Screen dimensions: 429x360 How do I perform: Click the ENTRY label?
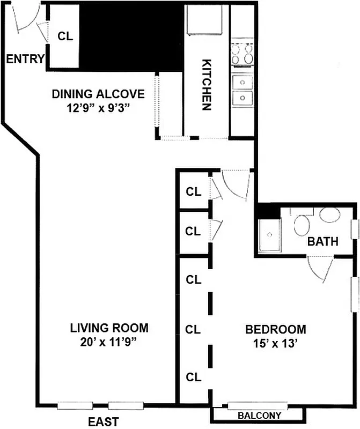point(25,59)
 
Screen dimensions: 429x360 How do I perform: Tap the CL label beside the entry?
point(65,36)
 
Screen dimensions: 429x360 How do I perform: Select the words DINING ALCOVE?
point(98,94)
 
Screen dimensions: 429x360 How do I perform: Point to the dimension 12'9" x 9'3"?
point(98,107)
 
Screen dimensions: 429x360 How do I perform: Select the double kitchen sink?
point(243,90)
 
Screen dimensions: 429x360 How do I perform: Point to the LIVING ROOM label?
point(109,328)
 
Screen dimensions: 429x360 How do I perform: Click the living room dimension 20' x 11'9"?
point(109,341)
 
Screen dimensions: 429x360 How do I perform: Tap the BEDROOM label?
point(276,329)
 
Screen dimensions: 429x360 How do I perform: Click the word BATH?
point(322,242)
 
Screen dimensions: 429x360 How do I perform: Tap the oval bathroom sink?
point(329,216)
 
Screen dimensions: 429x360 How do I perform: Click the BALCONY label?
point(260,416)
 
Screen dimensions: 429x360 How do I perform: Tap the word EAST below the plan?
point(103,422)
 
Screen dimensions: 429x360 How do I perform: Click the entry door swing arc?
point(24,19)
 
